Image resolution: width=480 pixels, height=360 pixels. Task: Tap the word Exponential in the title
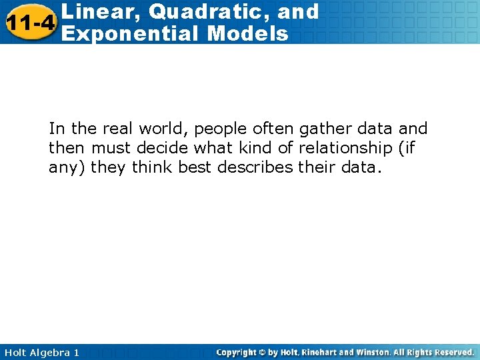click(126, 33)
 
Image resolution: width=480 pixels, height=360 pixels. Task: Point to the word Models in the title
click(247, 33)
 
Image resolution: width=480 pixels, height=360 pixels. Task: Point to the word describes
click(255, 167)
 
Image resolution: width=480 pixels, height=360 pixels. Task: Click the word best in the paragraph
click(195, 167)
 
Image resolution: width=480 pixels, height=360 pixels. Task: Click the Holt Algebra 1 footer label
click(40, 352)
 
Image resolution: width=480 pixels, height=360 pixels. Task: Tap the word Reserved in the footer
click(454, 352)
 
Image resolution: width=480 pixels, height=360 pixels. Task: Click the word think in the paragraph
click(153, 167)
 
